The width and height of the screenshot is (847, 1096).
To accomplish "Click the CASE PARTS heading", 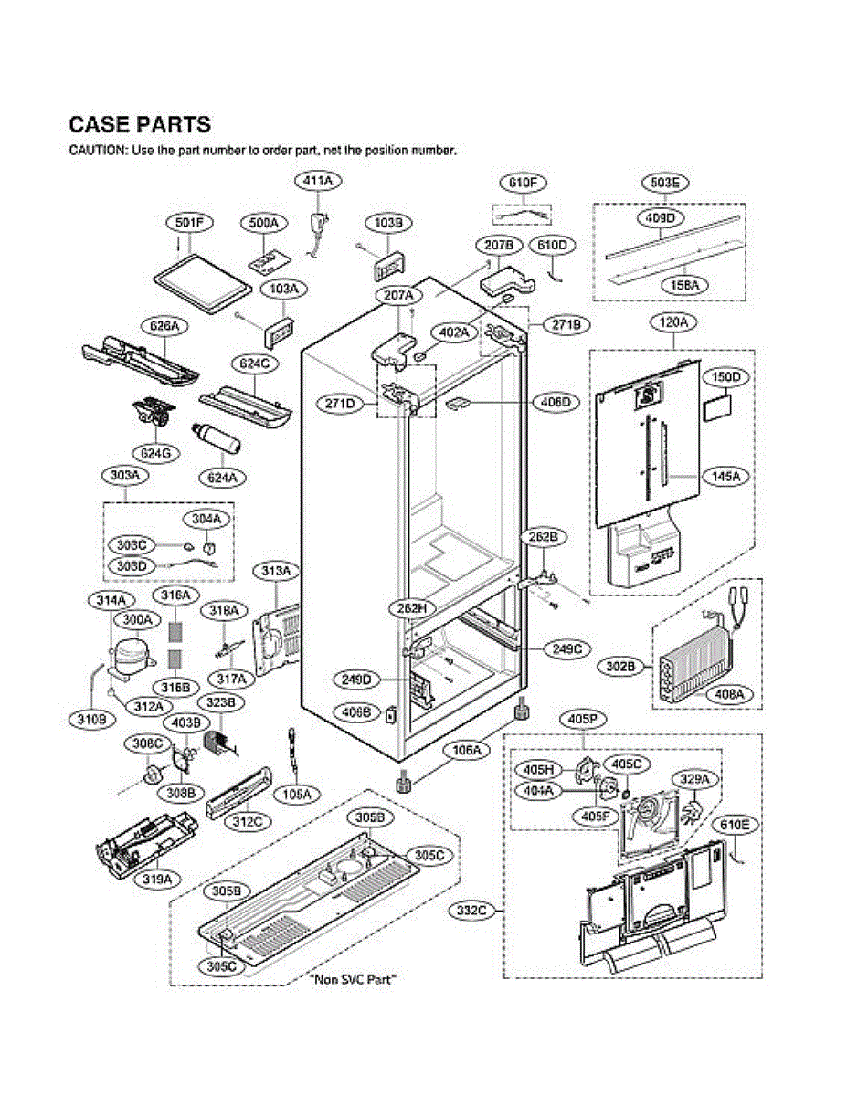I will coord(140,125).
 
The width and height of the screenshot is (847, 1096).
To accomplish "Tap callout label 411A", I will coord(318,182).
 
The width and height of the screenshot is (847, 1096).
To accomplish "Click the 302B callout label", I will coord(620,668).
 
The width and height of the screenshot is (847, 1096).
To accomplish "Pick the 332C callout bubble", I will coord(473,910).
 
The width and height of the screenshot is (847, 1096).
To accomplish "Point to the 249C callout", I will coord(566,648).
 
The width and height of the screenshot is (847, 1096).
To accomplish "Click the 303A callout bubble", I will coord(125,476).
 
